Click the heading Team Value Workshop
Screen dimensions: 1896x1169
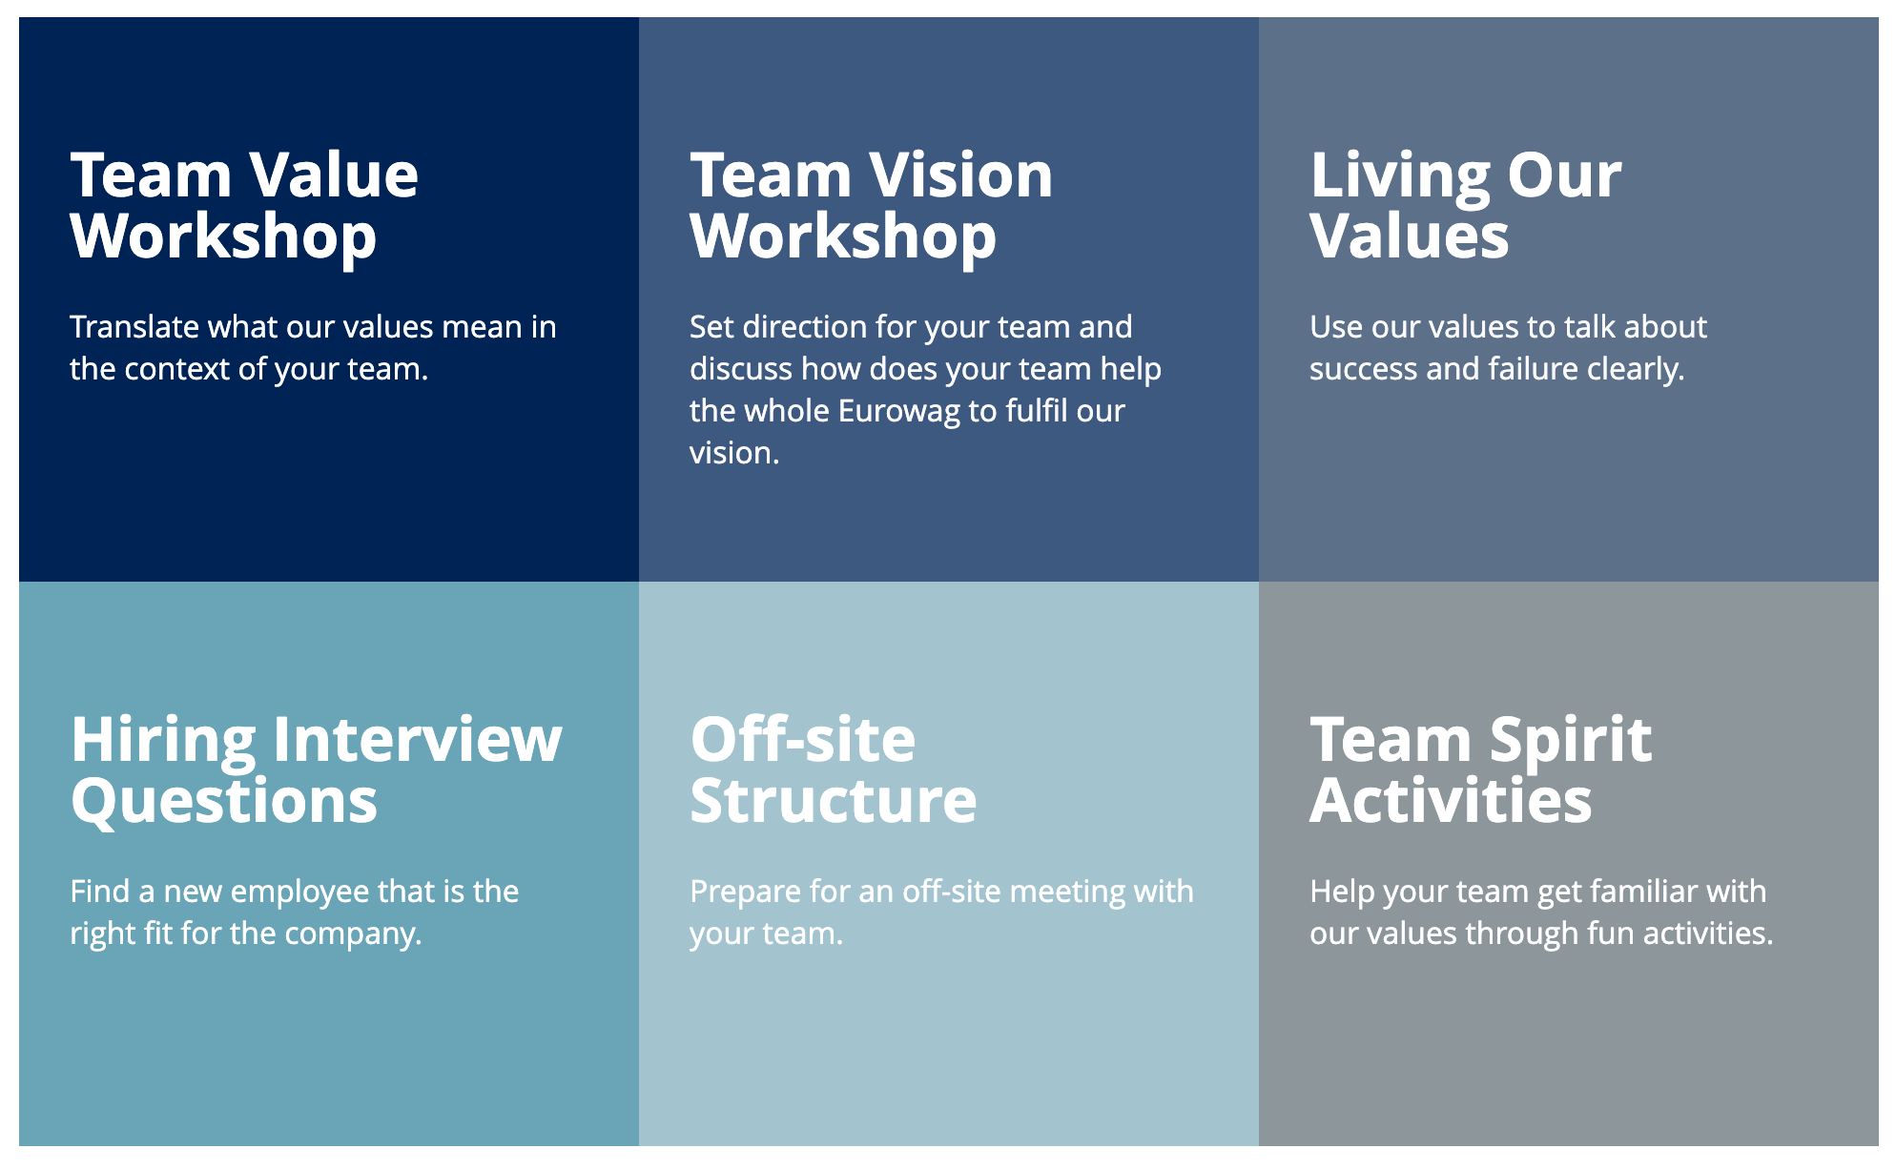[x=244, y=205]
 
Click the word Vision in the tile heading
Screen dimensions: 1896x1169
[x=962, y=175]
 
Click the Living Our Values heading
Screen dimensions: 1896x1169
[x=1466, y=205]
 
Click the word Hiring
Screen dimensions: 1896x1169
[x=163, y=741]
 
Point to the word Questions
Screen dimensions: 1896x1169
[x=224, y=801]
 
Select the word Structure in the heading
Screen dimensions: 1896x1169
[x=834, y=800]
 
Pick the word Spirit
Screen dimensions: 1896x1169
[x=1571, y=741]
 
